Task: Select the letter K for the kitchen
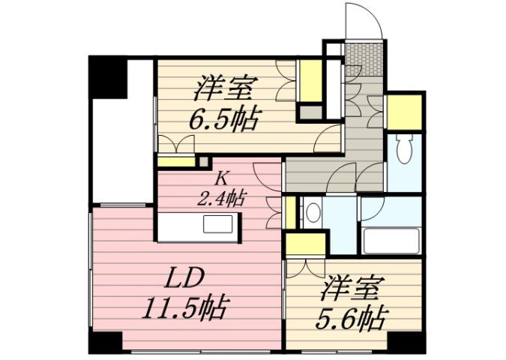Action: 221,179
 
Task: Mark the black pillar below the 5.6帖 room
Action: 408,341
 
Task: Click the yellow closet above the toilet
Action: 404,110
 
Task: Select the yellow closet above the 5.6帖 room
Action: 306,245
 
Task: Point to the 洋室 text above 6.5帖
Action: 223,88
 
